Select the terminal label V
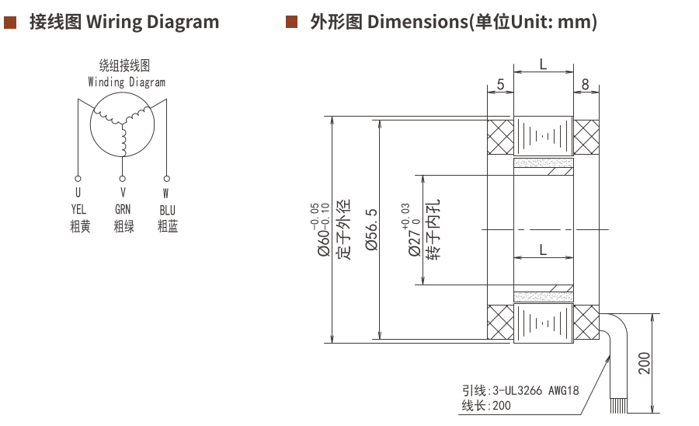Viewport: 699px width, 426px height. click(x=123, y=192)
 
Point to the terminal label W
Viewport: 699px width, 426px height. click(x=166, y=192)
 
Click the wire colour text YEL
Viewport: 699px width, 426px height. click(x=78, y=209)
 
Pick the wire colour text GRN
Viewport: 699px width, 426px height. click(x=123, y=209)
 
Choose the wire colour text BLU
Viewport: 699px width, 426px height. click(x=167, y=210)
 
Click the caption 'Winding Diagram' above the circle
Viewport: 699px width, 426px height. click(x=127, y=82)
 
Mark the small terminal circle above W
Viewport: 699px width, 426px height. click(x=166, y=176)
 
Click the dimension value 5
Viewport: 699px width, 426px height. click(x=500, y=83)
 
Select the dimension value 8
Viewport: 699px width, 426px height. click(x=585, y=83)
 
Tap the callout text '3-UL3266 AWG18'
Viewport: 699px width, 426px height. click(x=533, y=391)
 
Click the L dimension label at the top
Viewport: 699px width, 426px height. click(x=543, y=64)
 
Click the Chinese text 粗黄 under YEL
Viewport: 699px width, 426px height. click(x=78, y=227)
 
